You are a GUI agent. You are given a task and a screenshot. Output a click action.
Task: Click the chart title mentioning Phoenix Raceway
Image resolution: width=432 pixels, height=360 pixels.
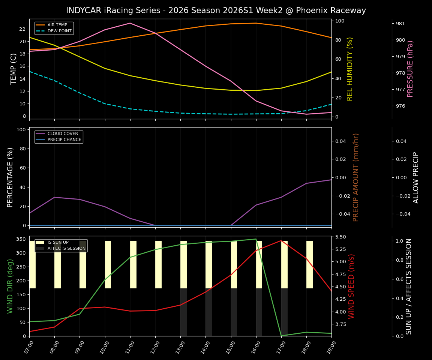pos(216,10)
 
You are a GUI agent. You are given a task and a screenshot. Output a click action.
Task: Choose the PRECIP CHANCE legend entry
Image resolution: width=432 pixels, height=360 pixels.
pos(64,140)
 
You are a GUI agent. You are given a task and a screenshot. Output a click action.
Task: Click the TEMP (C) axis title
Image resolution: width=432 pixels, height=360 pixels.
pos(14,69)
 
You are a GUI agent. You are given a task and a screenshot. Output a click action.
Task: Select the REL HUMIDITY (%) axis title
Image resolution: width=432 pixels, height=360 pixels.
pos(350,69)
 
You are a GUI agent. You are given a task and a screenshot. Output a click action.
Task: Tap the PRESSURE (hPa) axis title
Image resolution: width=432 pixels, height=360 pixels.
pos(410,69)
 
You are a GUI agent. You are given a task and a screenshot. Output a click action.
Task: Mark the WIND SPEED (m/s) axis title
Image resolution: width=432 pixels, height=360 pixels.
pos(351,286)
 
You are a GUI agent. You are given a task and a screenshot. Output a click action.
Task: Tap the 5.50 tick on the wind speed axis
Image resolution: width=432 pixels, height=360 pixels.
pos(341,237)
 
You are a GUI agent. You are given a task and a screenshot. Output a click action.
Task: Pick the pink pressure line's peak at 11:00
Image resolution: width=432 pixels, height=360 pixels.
pos(130,23)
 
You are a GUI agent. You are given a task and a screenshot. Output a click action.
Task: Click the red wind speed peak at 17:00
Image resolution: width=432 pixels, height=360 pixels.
pos(281,240)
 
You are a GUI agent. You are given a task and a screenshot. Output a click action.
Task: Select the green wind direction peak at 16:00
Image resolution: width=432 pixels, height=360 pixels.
pos(256,239)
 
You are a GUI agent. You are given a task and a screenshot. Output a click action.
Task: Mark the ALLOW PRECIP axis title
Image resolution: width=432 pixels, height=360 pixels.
pos(416,177)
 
